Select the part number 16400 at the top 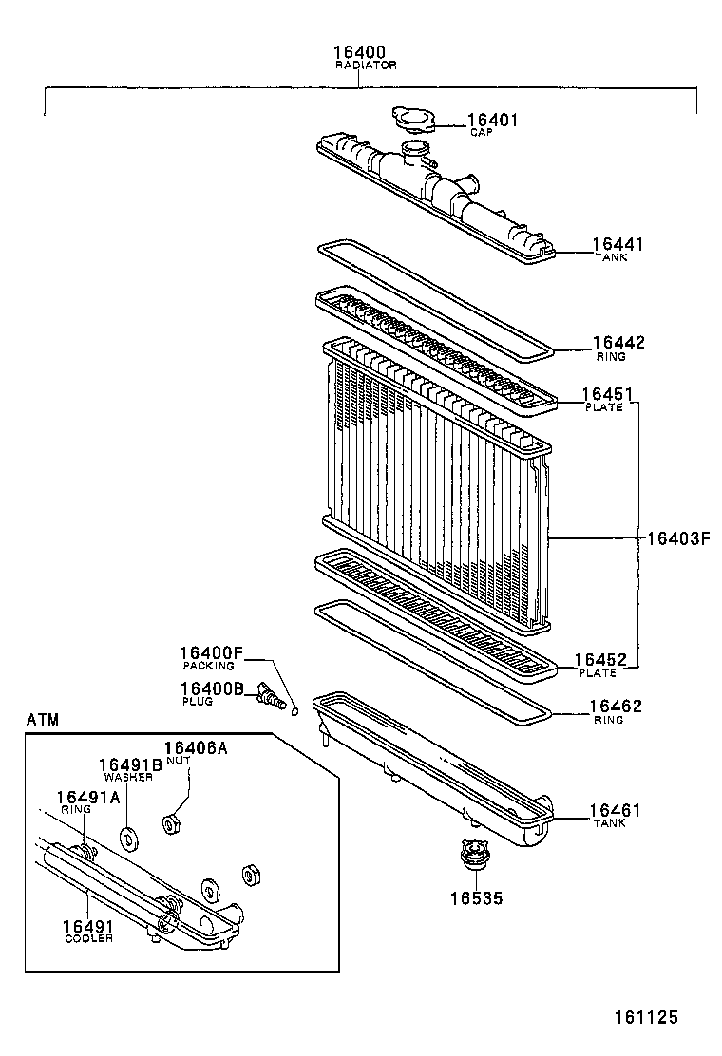(358, 52)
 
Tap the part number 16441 (617, 244)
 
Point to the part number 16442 (617, 343)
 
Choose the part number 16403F (678, 538)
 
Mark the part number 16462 (616, 707)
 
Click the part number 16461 (616, 810)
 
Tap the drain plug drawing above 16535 (471, 854)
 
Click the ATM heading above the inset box (43, 720)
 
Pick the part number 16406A (196, 748)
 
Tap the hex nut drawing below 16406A (172, 823)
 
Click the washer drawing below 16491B (126, 839)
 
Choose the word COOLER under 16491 (88, 939)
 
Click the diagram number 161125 (643, 1017)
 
